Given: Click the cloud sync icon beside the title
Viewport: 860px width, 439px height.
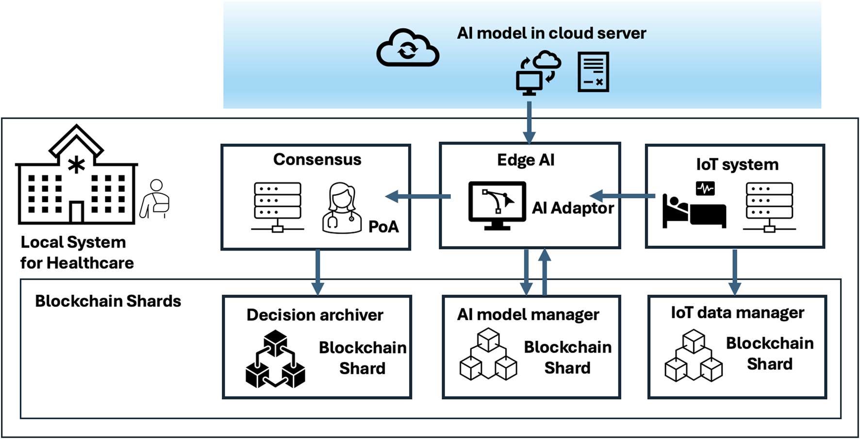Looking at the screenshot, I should [408, 49].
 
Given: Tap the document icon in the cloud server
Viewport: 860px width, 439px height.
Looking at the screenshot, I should [593, 72].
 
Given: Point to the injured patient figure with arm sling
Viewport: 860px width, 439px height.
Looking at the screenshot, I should [155, 199].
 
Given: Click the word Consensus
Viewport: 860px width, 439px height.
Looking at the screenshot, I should [317, 159].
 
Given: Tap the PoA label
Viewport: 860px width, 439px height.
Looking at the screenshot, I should [383, 226].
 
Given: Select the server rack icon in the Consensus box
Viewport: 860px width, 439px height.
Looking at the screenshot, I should [278, 207].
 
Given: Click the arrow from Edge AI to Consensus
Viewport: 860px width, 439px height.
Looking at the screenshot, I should [417, 196].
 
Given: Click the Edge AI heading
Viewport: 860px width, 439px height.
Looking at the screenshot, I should [526, 160].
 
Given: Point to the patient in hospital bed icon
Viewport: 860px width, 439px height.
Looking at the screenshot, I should [694, 206].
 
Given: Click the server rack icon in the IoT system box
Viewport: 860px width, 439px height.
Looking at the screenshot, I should [769, 207].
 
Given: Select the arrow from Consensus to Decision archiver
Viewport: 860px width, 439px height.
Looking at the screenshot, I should [317, 272].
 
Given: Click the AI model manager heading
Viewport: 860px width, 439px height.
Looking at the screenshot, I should [528, 315].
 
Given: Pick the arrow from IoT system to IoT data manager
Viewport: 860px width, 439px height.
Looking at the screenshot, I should [734, 272].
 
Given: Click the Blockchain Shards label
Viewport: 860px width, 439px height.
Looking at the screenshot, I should [108, 301].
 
